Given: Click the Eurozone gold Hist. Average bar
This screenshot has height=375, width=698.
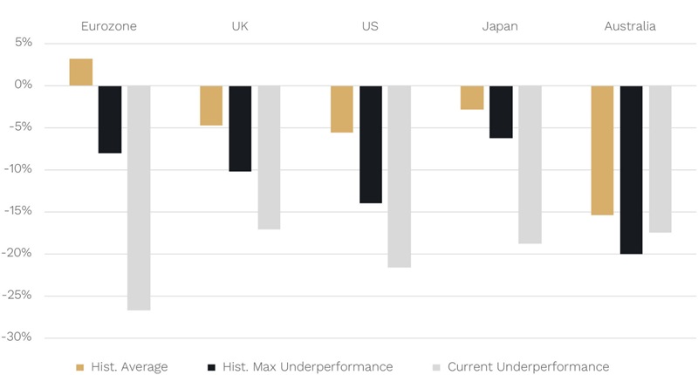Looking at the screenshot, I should click(81, 72).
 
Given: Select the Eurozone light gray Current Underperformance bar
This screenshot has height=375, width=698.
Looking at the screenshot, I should click(139, 197).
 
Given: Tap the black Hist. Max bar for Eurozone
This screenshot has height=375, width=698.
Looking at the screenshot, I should click(110, 119).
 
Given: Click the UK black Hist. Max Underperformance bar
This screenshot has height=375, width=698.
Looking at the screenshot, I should click(240, 128).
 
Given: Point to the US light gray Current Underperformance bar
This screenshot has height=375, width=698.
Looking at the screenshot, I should click(399, 176).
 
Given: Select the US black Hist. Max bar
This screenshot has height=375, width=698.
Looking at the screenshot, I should click(371, 144).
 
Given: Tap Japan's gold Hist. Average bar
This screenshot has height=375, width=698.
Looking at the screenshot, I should click(472, 97).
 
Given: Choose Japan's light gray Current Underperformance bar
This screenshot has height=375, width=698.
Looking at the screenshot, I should click(530, 164).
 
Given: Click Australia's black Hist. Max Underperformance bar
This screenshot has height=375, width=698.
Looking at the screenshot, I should click(631, 169).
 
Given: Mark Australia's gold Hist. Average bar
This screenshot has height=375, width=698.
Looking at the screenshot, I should click(602, 150).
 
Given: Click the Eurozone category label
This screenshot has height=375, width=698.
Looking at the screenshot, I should click(108, 26).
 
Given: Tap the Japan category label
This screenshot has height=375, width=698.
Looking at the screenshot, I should click(500, 26).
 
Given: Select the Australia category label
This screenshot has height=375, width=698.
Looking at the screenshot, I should click(630, 26).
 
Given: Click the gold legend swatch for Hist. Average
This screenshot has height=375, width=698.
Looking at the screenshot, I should click(81, 367).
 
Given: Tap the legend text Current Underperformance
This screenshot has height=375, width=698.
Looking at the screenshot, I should click(528, 366).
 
